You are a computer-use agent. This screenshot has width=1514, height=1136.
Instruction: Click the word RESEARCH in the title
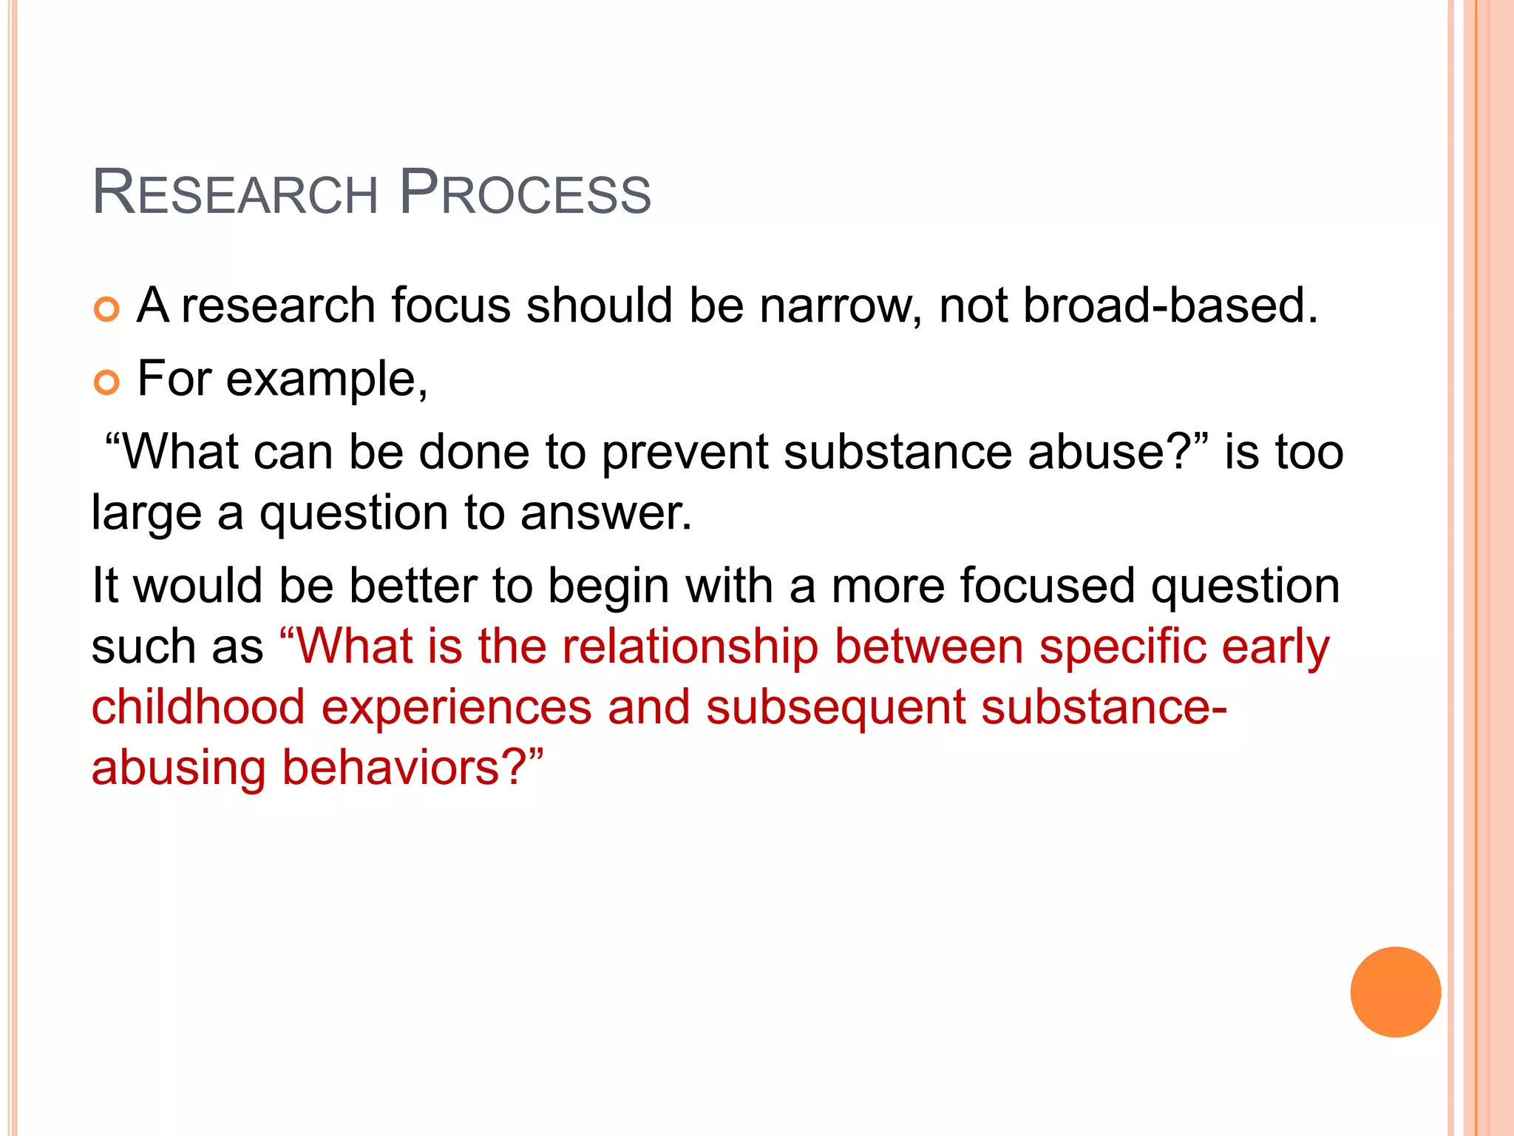point(235,193)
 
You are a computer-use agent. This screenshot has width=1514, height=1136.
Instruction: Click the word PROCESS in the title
point(525,193)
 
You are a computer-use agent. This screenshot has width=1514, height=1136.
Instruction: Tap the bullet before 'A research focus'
point(106,309)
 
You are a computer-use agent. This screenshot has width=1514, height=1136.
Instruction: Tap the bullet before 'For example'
point(106,382)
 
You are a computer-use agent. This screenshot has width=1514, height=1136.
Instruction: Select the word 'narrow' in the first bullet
point(841,305)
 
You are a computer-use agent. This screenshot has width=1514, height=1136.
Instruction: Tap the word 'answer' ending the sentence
point(605,513)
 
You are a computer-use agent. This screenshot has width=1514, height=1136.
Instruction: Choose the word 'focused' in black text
point(1047,586)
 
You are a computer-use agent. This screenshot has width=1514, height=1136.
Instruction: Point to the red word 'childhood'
point(198,707)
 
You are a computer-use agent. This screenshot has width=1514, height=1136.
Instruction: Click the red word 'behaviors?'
point(413,768)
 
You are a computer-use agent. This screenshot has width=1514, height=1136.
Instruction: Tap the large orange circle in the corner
point(1395,992)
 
